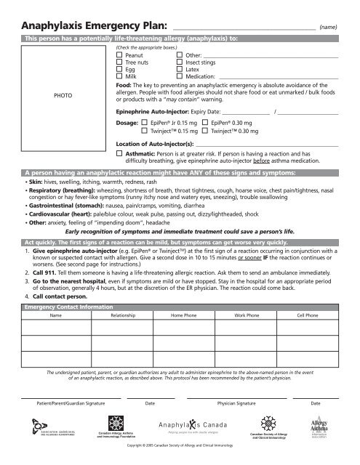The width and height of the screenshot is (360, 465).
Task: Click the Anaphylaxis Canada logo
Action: [189, 428]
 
